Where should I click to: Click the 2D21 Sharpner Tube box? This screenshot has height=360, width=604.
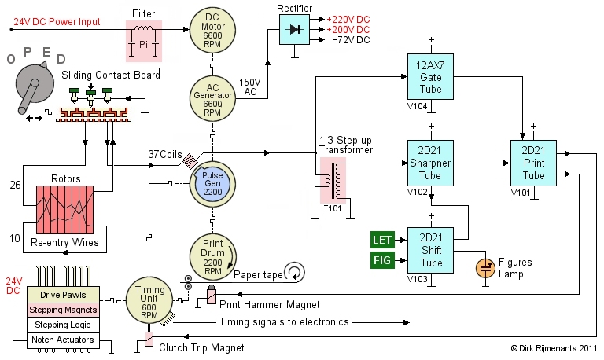(430, 164)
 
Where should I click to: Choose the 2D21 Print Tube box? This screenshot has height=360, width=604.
(532, 164)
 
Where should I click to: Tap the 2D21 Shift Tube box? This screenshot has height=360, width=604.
(430, 250)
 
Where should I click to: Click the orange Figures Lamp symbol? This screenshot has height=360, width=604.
(484, 267)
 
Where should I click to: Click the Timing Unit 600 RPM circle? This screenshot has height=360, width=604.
(145, 299)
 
